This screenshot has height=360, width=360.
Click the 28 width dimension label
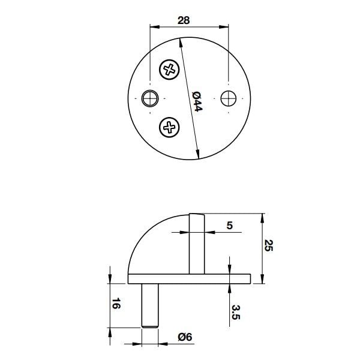coord(184,20)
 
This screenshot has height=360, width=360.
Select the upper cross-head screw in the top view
coord(170,70)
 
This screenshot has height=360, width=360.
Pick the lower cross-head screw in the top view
coord(170,127)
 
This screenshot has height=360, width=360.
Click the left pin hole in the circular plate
coord(151,98)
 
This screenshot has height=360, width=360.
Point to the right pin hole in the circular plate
coord(229,98)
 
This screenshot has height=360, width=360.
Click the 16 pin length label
coord(116,304)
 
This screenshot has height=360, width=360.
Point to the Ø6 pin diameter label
coord(184,338)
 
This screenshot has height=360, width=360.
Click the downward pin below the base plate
coord(151,303)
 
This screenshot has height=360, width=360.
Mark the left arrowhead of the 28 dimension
coord(152,27)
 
